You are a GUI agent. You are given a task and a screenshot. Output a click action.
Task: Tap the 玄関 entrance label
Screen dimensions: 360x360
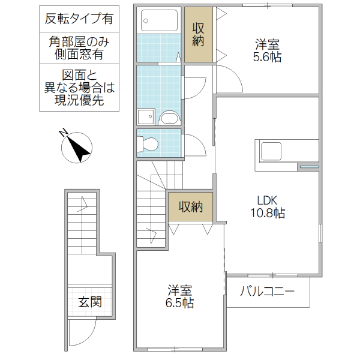point(89,302)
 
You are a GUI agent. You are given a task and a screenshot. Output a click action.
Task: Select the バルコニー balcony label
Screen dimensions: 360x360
point(267,292)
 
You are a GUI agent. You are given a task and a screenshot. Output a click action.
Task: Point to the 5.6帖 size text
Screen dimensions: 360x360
point(267,58)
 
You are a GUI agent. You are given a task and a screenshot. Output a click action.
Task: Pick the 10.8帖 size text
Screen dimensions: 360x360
point(267,213)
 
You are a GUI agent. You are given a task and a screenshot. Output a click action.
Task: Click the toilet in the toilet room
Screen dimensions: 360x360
point(148,143)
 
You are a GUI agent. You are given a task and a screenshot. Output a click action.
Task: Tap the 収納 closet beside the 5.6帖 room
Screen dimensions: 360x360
point(199,34)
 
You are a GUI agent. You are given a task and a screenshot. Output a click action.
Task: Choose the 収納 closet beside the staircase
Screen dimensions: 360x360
point(191,207)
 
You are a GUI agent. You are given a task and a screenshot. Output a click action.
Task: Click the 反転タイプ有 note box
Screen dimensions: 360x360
point(79,19)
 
